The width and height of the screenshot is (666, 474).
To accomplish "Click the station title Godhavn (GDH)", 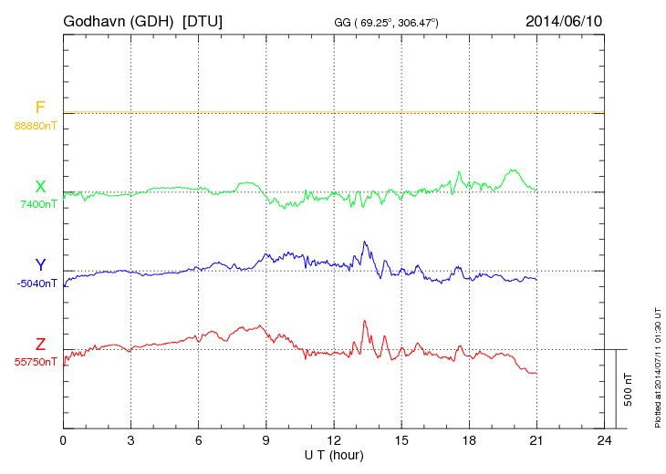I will pos(123,20).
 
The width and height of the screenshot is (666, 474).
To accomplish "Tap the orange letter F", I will pos(40,108).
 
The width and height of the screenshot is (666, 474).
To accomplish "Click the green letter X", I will pos(40,187).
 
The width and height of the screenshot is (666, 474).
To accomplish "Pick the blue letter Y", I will pos(40,265).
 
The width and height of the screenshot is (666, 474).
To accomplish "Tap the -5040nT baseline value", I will pos(36,283).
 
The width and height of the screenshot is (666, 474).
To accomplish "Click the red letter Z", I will pos(40,345).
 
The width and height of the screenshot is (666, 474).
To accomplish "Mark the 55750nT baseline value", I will pos(36,362).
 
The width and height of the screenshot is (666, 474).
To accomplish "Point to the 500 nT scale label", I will pos(629,389).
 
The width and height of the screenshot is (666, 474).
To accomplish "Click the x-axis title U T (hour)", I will pos(334,454).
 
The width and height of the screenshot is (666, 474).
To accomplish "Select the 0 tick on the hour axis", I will pos(63,440).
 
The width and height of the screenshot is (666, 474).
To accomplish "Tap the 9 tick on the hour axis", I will pos(266,440).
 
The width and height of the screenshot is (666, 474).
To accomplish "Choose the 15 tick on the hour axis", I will pos(401,440).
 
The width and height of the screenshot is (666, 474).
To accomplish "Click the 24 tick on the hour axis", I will pos(604,440).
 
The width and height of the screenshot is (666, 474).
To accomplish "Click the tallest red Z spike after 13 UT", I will pos(365,321).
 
